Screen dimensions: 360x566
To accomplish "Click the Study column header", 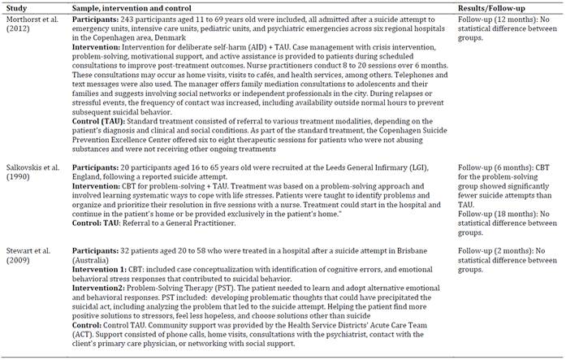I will [18, 7].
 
